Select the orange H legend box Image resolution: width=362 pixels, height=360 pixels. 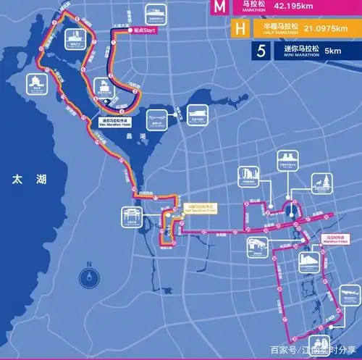240,29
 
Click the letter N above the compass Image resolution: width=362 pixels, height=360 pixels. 88,264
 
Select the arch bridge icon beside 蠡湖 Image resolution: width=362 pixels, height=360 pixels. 156,117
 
